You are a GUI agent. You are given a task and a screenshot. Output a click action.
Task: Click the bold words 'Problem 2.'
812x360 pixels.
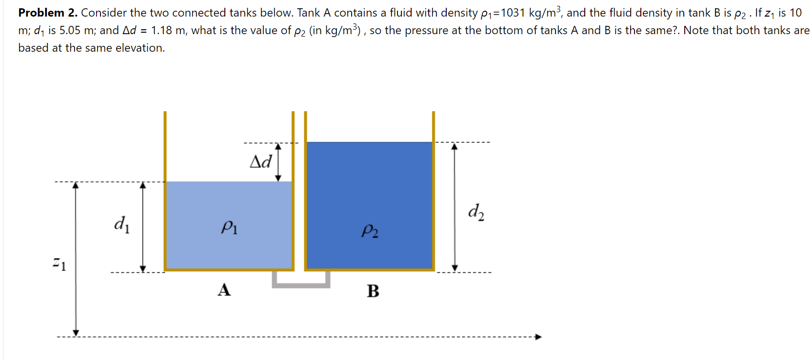(48, 13)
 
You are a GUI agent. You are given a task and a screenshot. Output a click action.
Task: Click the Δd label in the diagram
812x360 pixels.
(260, 161)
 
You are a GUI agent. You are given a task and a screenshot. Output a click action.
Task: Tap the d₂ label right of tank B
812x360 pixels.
(476, 212)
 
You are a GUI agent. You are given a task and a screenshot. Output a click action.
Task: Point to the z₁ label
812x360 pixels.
(59, 264)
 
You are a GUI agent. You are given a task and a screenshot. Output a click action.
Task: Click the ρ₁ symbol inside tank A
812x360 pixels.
(229, 227)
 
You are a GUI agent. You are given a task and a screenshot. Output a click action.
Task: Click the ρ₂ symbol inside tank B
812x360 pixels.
(370, 230)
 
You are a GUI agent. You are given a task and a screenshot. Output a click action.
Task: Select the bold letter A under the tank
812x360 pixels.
(224, 290)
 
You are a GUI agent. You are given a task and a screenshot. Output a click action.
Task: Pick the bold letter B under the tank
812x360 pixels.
(373, 291)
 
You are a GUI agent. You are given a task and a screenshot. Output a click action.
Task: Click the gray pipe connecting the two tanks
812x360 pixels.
(301, 284)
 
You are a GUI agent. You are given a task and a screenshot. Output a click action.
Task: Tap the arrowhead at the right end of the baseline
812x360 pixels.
(538, 337)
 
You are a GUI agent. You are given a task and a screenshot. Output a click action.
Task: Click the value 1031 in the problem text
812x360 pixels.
(513, 13)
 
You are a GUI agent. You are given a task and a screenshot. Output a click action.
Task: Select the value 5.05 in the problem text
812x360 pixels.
(70, 30)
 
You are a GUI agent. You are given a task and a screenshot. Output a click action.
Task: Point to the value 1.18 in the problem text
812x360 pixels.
(161, 30)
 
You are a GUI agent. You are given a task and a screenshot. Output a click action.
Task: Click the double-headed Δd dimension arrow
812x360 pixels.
(278, 162)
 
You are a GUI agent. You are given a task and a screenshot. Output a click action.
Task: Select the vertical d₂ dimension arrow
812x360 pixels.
(455, 207)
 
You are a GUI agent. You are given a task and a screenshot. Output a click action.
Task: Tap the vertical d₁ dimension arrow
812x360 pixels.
(143, 227)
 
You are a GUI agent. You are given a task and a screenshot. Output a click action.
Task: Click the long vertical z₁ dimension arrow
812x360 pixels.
(76, 259)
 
